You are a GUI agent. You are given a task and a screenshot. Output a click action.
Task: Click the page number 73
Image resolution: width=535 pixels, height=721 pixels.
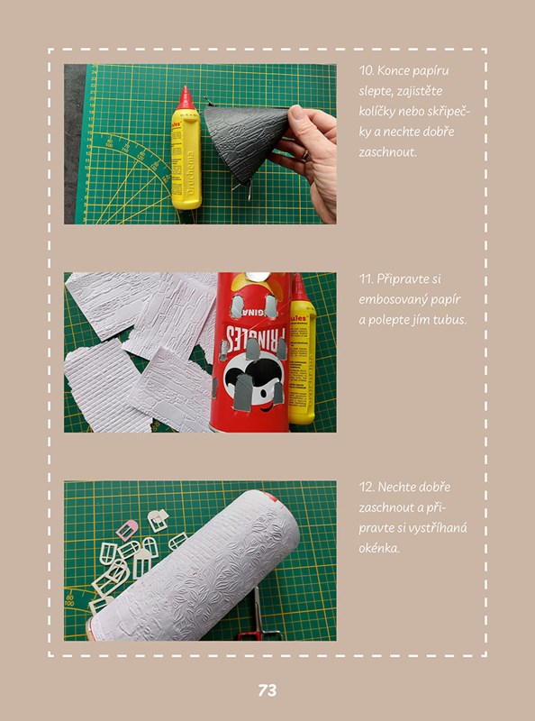pos(267,690)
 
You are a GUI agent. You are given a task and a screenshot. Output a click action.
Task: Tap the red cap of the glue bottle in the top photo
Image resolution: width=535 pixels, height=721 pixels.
pos(186,97)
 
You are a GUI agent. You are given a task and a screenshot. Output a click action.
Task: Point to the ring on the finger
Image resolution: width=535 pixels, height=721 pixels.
pos(304,154)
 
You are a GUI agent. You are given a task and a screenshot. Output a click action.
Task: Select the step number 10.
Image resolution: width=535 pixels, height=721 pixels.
pos(366,70)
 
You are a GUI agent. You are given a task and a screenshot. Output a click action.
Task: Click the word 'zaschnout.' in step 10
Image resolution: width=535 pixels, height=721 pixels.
pos(387,152)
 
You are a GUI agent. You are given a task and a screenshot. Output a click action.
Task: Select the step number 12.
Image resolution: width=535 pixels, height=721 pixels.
pos(366,487)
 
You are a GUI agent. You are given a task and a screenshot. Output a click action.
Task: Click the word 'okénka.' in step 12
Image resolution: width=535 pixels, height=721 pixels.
pos(379,548)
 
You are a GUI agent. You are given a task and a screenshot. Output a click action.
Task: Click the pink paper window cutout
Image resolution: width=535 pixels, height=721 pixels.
pos(127,530)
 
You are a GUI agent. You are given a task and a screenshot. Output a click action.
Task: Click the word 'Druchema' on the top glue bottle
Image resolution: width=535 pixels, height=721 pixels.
pos(189,171)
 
